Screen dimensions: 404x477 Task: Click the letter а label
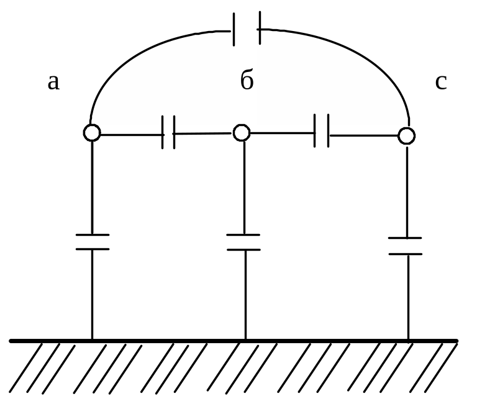pos(53,82)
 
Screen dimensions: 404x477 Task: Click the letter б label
pos(247,81)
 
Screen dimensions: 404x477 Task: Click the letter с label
pos(440,81)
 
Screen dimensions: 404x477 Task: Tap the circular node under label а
pos(92,132)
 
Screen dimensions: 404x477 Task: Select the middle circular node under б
pos(242,132)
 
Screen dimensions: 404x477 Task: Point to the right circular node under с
pos(406,135)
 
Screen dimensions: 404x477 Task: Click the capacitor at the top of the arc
pos(247,30)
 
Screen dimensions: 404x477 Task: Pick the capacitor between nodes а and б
pos(168,132)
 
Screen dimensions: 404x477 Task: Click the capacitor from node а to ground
pos(93,242)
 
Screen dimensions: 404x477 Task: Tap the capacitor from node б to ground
pos(243,242)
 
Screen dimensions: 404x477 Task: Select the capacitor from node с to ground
pos(406,246)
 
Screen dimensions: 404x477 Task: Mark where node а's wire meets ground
pos(93,340)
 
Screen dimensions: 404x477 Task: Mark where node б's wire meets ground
pos(245,340)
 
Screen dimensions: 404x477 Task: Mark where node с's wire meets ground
pos(408,340)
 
